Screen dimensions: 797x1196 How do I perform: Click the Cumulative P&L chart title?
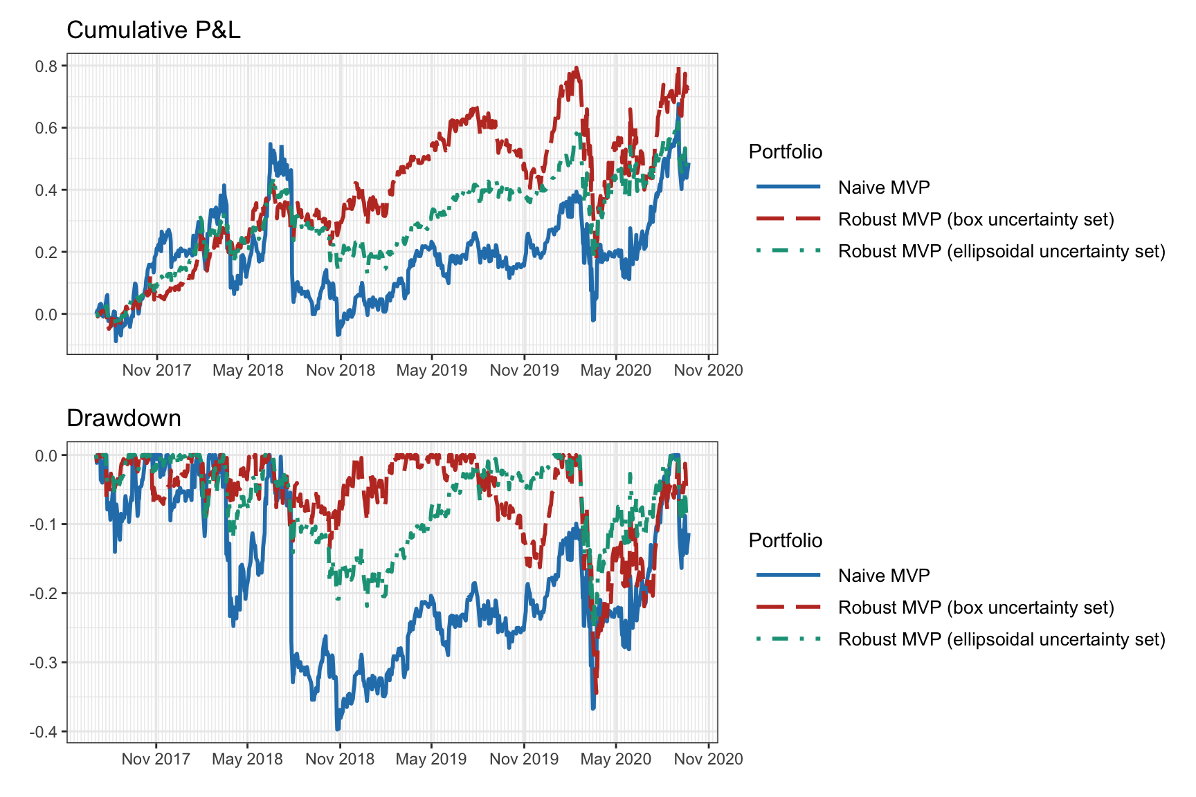pos(153,30)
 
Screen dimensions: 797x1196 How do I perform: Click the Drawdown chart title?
pos(124,419)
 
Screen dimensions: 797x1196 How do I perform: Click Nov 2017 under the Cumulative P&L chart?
pos(156,370)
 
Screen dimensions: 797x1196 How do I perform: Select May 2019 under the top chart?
pos(432,370)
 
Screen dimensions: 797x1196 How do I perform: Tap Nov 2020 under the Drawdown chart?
pos(708,759)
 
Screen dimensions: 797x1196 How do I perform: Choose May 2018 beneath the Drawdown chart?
pos(247,759)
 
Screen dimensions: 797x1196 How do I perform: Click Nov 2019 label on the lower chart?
pos(524,759)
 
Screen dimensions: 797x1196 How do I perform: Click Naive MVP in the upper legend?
pos(884,187)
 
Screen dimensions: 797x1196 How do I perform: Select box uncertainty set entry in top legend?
pos(976,219)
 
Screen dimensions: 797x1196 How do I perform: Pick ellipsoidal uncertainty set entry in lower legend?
pos(1002,639)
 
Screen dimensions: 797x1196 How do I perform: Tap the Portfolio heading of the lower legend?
pos(786,540)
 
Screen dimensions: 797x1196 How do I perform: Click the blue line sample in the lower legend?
pos(788,575)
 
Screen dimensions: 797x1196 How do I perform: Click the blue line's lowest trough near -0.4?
pos(337,729)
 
